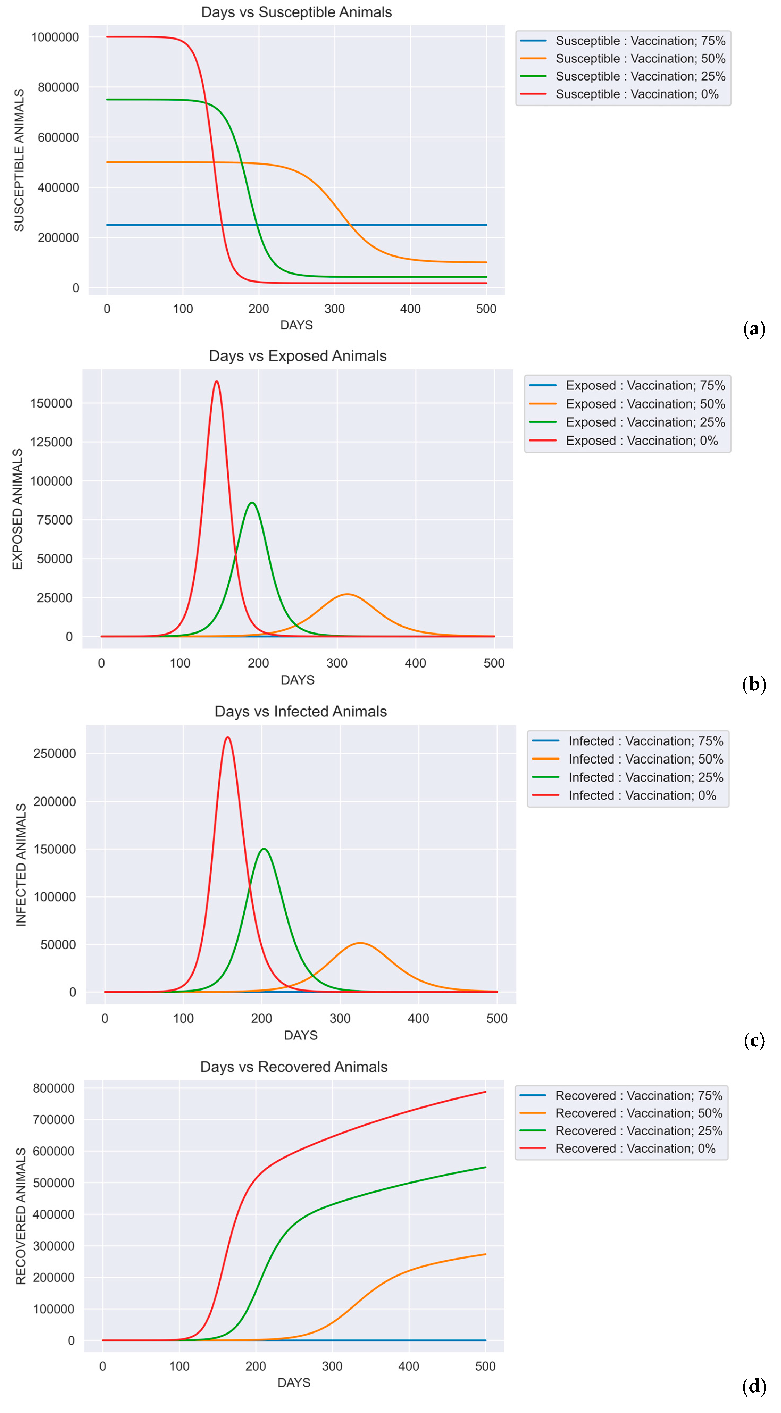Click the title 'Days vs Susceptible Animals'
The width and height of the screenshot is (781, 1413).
[296, 12]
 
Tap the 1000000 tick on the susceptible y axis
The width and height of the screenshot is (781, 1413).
[55, 37]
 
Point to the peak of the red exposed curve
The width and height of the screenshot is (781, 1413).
[217, 381]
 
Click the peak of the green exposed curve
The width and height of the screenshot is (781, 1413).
[252, 502]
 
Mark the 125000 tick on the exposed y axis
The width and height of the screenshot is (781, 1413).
[51, 442]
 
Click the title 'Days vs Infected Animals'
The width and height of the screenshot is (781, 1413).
[301, 711]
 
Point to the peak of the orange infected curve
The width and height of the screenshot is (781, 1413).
[360, 943]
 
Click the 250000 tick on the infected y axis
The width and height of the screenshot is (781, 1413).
[54, 754]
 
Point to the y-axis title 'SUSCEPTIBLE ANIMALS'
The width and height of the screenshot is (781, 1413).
[19, 160]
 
